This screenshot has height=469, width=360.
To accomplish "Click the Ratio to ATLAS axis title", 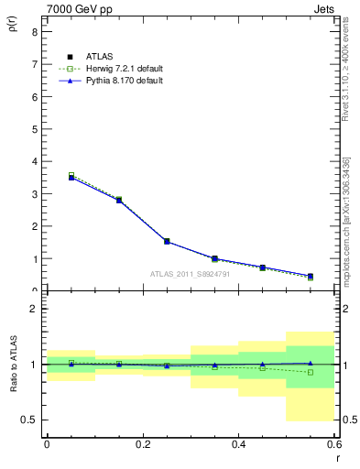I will [x=12, y=365].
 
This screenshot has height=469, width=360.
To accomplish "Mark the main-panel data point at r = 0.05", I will [x=71, y=177].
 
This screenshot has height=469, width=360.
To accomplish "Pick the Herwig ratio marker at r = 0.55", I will [x=311, y=372].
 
